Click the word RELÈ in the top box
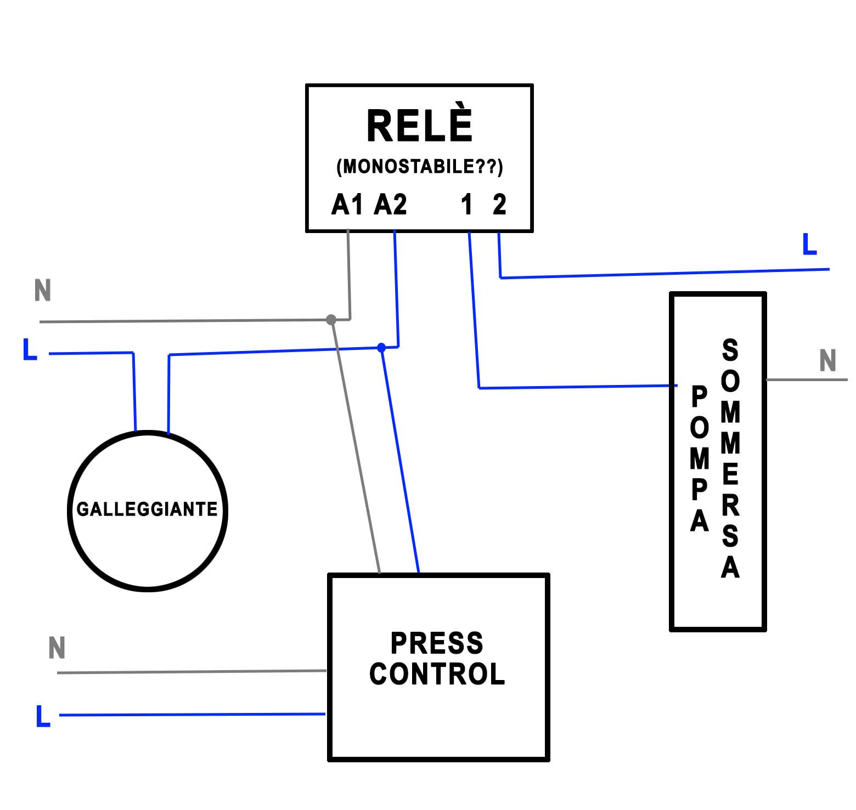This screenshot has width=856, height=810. tap(419, 126)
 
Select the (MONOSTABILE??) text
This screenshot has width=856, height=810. tap(419, 166)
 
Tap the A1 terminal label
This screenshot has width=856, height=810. tap(347, 205)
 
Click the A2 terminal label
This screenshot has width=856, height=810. tap(390, 205)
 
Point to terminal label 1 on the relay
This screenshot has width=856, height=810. tap(467, 205)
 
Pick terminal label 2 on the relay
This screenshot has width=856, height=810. tap(499, 205)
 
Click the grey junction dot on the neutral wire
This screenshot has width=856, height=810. tap(331, 319)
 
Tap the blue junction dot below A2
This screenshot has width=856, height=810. tap(381, 348)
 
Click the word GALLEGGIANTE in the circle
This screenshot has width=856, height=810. tap(147, 509)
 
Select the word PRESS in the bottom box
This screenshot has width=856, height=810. tap(437, 643)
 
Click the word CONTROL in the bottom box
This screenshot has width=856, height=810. tap(437, 674)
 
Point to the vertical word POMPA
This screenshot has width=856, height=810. tap(699, 458)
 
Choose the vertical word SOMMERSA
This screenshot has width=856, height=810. tap(730, 458)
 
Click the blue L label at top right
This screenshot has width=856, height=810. tap(809, 244)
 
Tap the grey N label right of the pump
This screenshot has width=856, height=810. tap(827, 361)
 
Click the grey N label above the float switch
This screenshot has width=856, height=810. tap(43, 290)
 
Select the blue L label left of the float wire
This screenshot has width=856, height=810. tap(30, 349)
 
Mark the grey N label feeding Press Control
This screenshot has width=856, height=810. tap(57, 648)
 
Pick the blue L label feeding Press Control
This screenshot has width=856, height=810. tap(43, 716)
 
